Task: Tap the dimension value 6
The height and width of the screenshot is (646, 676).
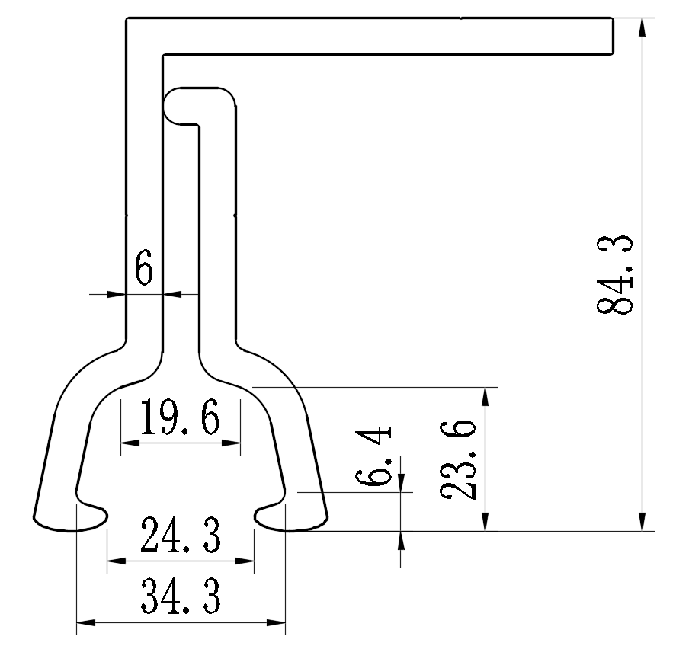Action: (144, 268)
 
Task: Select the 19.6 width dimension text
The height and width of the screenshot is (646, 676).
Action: (181, 420)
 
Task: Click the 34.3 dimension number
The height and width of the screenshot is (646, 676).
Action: (181, 598)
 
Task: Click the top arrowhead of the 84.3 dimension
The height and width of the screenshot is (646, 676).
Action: (642, 25)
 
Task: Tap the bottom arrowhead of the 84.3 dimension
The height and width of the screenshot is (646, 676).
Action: (642, 522)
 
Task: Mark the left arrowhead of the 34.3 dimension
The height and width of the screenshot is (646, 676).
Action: (84, 623)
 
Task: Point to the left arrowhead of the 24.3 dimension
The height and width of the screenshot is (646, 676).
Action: (115, 562)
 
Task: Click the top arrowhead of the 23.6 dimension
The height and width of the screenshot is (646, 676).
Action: (484, 395)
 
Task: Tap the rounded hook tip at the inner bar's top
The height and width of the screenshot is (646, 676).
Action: (174, 104)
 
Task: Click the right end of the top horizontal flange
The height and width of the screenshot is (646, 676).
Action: (612, 36)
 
